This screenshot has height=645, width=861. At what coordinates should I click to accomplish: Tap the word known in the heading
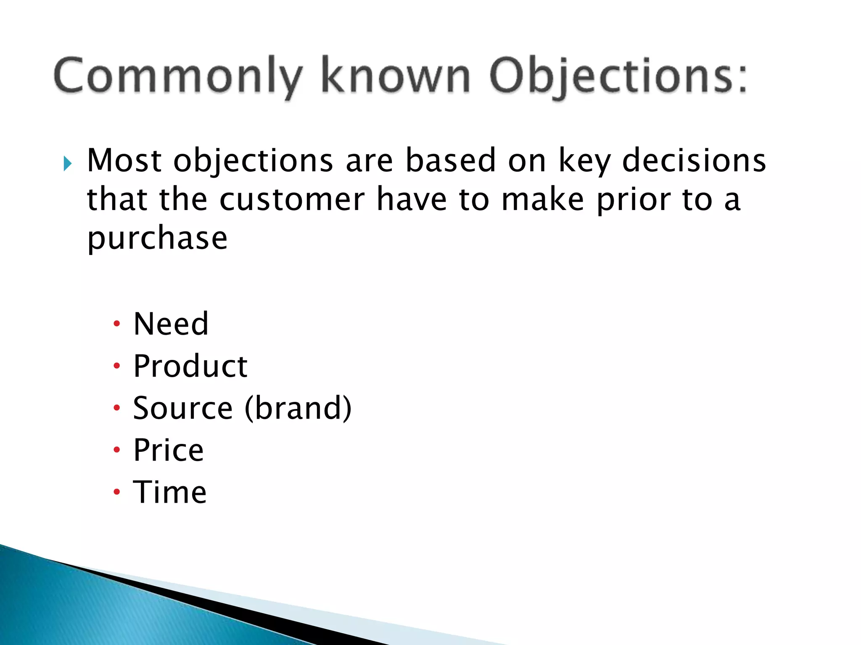(x=395, y=76)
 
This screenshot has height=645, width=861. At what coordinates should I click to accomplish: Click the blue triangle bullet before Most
(x=68, y=163)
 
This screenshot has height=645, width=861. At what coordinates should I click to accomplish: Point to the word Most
(x=124, y=160)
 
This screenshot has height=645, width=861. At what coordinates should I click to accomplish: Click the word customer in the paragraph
(x=292, y=199)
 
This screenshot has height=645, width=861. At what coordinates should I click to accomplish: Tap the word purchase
(x=157, y=239)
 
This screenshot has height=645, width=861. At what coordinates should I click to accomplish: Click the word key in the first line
(x=584, y=161)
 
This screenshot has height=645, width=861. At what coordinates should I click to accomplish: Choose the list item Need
(x=171, y=324)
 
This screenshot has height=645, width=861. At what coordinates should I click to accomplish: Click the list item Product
(x=190, y=366)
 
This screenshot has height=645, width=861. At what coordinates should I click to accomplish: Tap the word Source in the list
(x=182, y=408)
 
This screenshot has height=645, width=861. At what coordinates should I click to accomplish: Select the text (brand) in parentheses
(x=298, y=408)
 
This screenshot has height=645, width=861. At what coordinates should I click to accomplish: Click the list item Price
(x=168, y=450)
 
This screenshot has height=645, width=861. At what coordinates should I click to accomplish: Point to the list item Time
(x=170, y=492)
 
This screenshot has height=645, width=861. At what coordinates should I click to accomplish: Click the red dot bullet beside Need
(x=117, y=324)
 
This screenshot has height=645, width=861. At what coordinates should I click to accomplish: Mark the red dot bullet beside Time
(x=117, y=492)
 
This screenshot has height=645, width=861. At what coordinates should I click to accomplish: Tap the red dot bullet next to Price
(x=117, y=450)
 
